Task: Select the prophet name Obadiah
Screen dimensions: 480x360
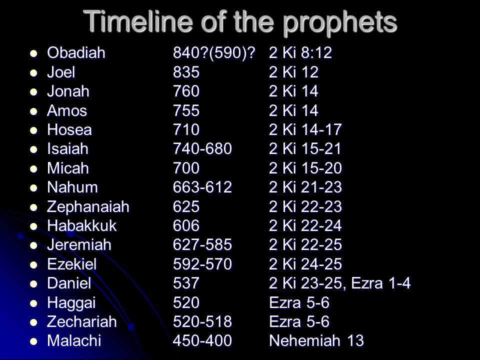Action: click(76, 52)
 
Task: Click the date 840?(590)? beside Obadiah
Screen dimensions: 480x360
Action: click(214, 53)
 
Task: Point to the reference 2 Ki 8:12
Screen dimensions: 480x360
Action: click(300, 52)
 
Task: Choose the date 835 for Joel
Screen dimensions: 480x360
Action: click(186, 72)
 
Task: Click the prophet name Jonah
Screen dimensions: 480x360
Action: click(68, 91)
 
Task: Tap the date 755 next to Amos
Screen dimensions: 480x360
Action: click(186, 110)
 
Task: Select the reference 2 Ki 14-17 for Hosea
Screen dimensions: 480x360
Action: click(305, 130)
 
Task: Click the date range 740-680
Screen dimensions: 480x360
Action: click(202, 149)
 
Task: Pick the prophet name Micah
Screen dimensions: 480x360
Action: click(68, 168)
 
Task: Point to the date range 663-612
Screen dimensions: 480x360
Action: click(202, 187)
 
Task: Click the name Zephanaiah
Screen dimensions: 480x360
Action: click(88, 206)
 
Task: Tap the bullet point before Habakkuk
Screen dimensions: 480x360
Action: click(33, 226)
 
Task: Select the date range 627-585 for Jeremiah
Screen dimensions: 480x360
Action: click(202, 244)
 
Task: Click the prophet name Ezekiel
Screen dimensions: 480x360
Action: click(72, 264)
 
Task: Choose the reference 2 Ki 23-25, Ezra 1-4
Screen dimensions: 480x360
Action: click(340, 283)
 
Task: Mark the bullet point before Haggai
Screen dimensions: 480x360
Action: click(33, 303)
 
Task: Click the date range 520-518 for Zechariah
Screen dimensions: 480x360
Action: click(202, 321)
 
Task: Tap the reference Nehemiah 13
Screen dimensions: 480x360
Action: click(316, 340)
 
